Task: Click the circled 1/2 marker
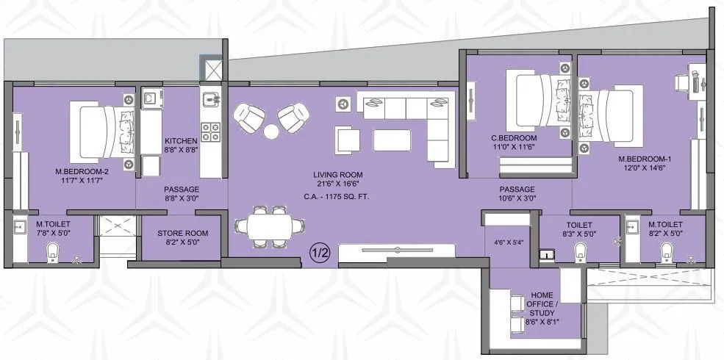coord(320,252)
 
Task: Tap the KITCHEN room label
coord(180,140)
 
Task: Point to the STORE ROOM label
coord(182,234)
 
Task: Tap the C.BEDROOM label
coord(515,138)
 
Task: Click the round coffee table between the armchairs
coord(271,132)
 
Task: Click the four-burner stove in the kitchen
coord(209,132)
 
